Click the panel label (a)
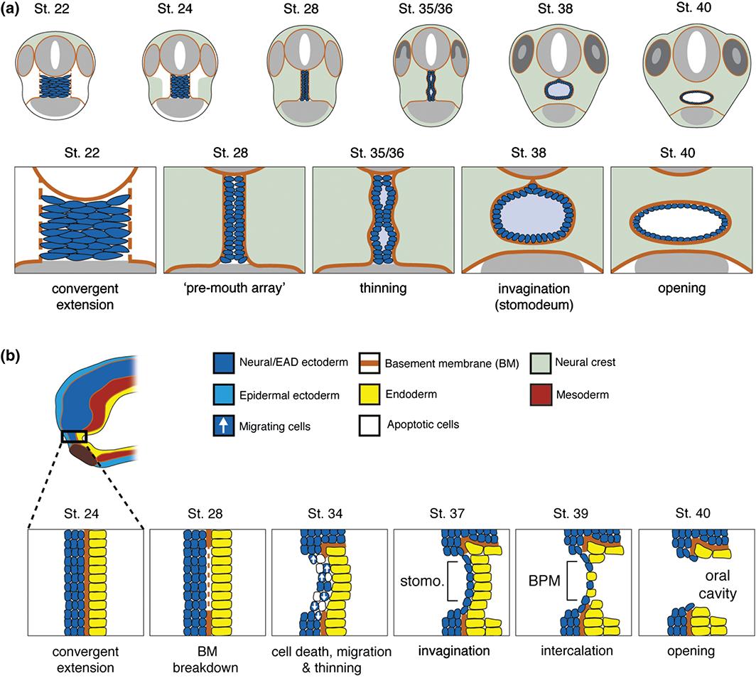[x=16, y=13]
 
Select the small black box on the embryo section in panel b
[x=74, y=436]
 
